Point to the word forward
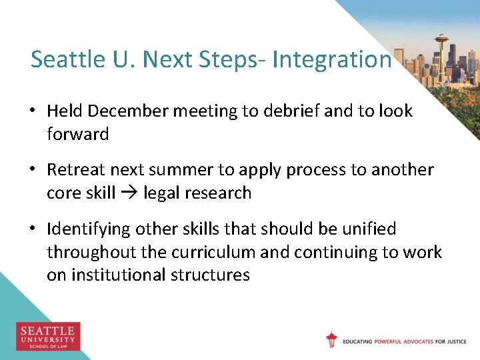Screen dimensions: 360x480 coord(77,134)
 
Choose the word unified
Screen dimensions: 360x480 coord(368,229)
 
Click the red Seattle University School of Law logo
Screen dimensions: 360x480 coord(48,336)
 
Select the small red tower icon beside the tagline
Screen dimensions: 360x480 coord(331,339)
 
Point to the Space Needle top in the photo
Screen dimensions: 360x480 coord(441,37)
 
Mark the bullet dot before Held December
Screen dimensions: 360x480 coord(35,111)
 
